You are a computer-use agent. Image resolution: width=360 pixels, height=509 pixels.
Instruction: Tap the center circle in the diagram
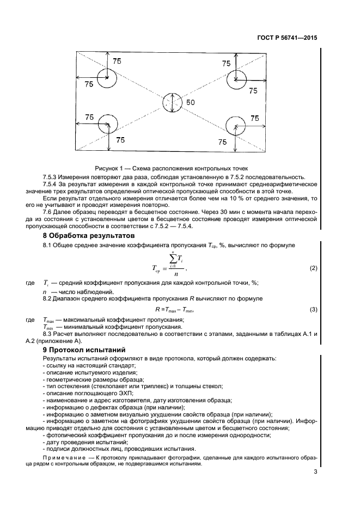point(173,102)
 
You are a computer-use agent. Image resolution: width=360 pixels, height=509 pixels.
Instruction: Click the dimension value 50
point(191,102)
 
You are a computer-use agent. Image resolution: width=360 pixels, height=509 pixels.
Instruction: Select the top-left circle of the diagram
point(107,78)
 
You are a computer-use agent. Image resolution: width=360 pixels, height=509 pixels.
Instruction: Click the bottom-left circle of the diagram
point(109,125)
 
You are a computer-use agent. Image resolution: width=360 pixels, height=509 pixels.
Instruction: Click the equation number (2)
point(313,268)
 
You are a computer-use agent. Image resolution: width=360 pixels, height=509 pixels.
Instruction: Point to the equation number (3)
point(313,309)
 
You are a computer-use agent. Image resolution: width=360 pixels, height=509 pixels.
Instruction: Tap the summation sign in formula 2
point(175,260)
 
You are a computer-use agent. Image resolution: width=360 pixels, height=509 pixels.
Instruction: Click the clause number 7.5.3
point(51,177)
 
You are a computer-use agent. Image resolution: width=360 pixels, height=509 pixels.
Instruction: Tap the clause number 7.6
point(48,211)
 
